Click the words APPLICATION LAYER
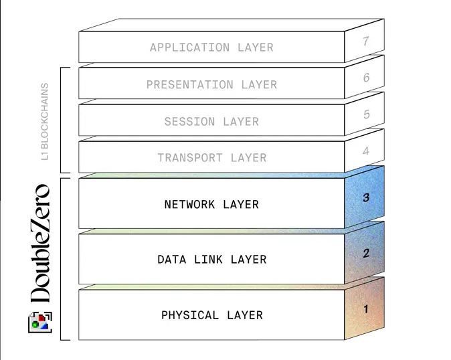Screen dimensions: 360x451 click(211, 48)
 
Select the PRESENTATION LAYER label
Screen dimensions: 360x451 click(211, 85)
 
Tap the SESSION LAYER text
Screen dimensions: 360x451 click(211, 122)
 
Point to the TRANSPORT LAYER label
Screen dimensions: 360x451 click(211, 158)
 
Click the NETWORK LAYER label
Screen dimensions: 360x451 click(211, 204)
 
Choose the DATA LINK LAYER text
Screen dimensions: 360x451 click(211, 259)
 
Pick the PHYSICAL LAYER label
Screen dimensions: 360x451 click(211, 314)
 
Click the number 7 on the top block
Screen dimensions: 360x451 click(366, 41)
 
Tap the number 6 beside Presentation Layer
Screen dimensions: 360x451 click(366, 78)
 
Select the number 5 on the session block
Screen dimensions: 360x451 click(366, 114)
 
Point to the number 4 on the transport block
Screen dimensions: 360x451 click(366, 151)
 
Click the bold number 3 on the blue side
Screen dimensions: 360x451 click(366, 197)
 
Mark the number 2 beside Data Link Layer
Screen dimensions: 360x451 click(366, 253)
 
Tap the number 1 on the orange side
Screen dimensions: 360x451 click(365, 309)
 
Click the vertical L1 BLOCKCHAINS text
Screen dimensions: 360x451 click(45, 121)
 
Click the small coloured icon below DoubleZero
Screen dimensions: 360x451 click(40, 323)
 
